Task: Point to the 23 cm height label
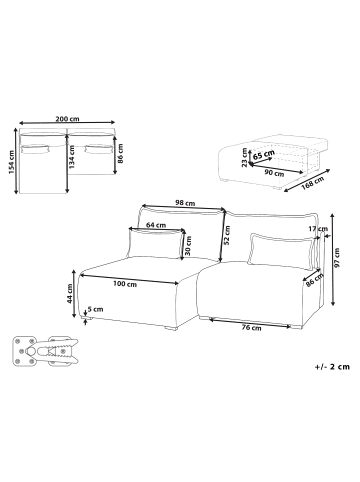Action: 244,154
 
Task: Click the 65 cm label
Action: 265,155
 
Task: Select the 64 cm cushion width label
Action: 156,225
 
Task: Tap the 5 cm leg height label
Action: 96,309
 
